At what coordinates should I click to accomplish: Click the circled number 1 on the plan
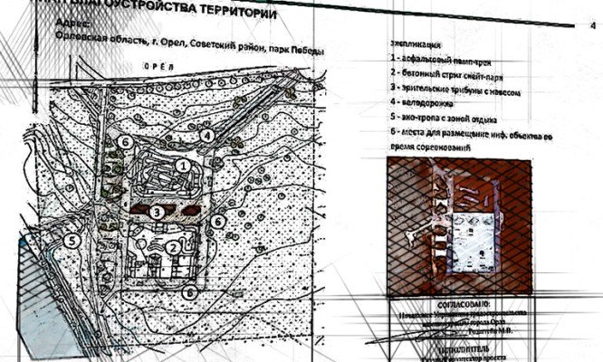click(x=183, y=167)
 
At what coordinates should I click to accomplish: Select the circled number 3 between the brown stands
click(x=157, y=212)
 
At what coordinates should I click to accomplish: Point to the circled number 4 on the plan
click(x=207, y=135)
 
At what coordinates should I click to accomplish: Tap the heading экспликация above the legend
click(x=416, y=43)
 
